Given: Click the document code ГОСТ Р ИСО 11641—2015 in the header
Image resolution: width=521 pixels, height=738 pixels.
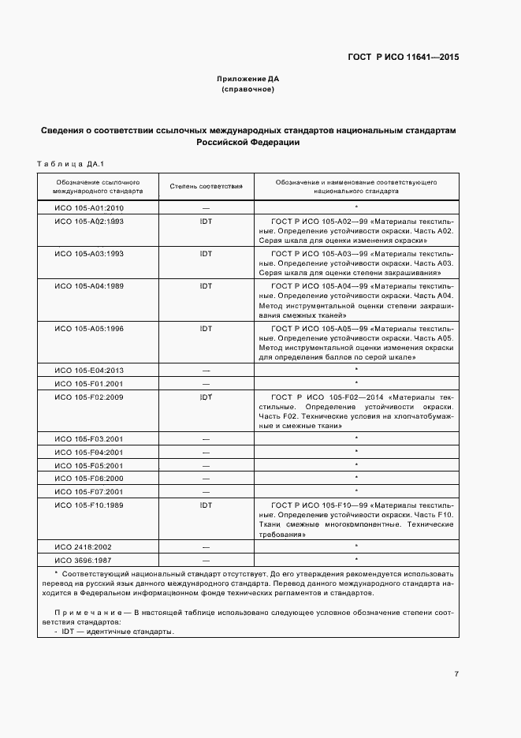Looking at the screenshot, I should [404, 58].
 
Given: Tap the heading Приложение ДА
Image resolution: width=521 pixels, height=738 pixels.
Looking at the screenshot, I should [247, 79].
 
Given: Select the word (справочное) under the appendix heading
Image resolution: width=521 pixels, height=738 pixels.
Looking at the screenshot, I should [247, 89].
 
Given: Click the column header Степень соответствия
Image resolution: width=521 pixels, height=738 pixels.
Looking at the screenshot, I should [206, 186].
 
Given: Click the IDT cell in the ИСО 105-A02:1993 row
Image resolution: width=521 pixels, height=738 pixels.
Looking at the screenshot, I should [206, 222].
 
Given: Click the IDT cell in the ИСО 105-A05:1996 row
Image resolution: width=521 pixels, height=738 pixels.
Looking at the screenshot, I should [206, 328].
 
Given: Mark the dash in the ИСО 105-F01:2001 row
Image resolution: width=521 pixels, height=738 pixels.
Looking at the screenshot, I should [206, 384].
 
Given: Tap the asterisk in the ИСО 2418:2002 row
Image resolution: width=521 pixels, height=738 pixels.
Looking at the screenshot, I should [356, 546].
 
